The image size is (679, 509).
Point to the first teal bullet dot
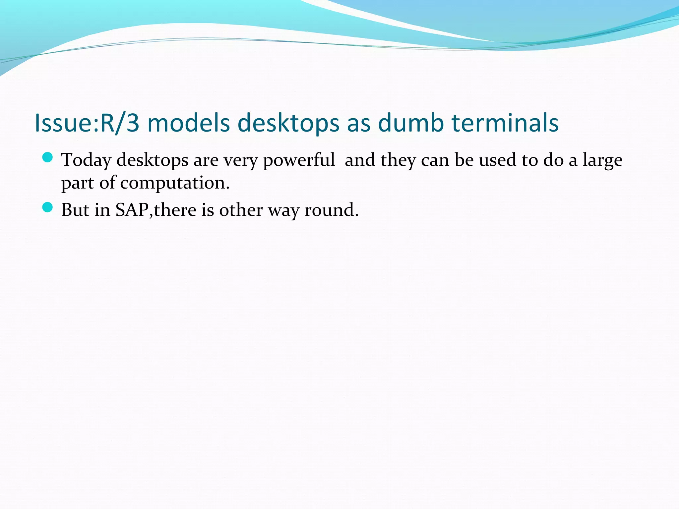pyautogui.click(x=48, y=158)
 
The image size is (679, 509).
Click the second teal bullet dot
pyautogui.click(x=48, y=207)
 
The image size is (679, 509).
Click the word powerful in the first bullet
pyautogui.click(x=299, y=160)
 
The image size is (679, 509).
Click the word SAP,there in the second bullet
pyautogui.click(x=156, y=210)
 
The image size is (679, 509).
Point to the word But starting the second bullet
pyautogui.click(x=75, y=210)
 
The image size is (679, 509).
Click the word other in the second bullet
pyautogui.click(x=241, y=210)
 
